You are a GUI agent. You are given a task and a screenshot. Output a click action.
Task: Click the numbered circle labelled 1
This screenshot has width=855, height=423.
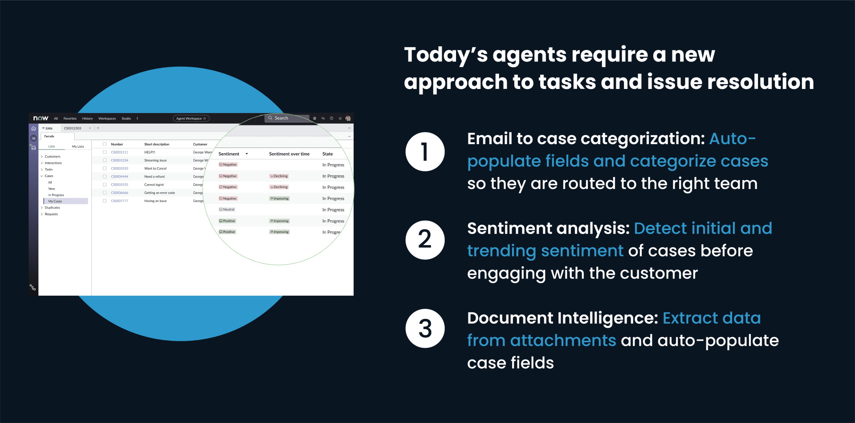425,152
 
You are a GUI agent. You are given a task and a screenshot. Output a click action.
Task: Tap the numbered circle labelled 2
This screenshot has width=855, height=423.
425,240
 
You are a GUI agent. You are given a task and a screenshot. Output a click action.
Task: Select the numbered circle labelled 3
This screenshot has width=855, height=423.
425,328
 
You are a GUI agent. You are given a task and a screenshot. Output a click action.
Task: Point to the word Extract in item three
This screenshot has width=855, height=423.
690,318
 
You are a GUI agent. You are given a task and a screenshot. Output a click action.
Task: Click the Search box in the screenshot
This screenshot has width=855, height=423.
288,118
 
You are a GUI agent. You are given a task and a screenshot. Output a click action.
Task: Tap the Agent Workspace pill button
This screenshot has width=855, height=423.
191,118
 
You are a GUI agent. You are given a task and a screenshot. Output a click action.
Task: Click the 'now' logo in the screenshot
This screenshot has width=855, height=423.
41,118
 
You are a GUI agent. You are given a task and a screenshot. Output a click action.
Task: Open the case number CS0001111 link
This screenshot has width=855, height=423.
119,152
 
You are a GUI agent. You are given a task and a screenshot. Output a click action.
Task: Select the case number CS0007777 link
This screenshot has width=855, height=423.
119,201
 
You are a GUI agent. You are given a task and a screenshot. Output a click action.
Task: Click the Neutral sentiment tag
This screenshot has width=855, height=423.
227,209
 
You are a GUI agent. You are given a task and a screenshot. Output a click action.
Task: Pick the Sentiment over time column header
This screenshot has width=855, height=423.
289,154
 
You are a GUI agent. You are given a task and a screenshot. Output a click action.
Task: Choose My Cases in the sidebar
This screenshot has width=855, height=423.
55,201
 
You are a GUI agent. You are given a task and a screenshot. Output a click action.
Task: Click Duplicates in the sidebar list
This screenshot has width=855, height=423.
52,208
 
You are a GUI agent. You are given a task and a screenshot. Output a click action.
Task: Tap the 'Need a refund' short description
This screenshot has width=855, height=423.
155,177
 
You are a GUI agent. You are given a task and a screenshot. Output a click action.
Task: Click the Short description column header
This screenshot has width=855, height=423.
157,144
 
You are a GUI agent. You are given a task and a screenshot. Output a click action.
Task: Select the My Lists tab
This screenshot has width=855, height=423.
78,146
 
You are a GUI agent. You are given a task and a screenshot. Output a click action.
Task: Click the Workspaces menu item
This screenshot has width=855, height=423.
107,119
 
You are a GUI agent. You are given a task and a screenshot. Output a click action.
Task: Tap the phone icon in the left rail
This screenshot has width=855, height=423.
33,287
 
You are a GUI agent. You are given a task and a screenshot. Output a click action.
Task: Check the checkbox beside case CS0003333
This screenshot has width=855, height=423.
105,169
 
